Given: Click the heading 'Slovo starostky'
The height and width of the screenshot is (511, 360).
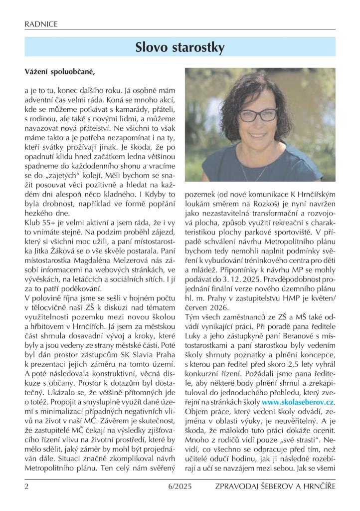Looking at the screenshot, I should [x=180, y=47].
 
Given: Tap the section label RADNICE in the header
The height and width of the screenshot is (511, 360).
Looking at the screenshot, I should [x=41, y=24].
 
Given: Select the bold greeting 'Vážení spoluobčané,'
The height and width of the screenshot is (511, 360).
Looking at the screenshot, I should [x=59, y=72].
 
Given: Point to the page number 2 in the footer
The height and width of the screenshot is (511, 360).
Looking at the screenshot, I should [x=26, y=486].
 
